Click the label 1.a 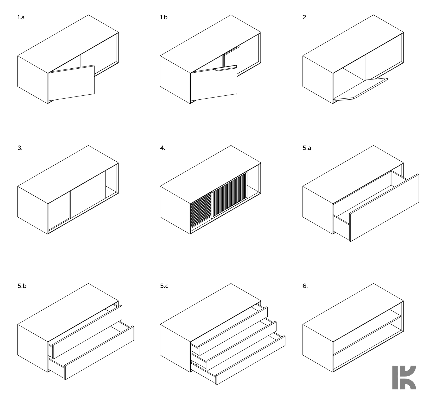pyautogui.click(x=21, y=18)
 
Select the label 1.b pyautogui.click(x=164, y=18)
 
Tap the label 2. pyautogui.click(x=305, y=18)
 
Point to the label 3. pyautogui.click(x=20, y=148)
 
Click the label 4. pyautogui.click(x=162, y=148)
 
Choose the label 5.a pyautogui.click(x=307, y=148)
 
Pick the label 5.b pyautogui.click(x=22, y=286)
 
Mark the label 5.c pyautogui.click(x=164, y=286)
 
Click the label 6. pyautogui.click(x=305, y=286)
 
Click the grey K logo pyautogui.click(x=404, y=377)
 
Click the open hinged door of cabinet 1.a pyautogui.click(x=71, y=83)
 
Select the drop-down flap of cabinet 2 pyautogui.click(x=360, y=89)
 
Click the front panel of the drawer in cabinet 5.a pyautogui.click(x=384, y=208)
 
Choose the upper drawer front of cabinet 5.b pyautogui.click(x=87, y=332)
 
